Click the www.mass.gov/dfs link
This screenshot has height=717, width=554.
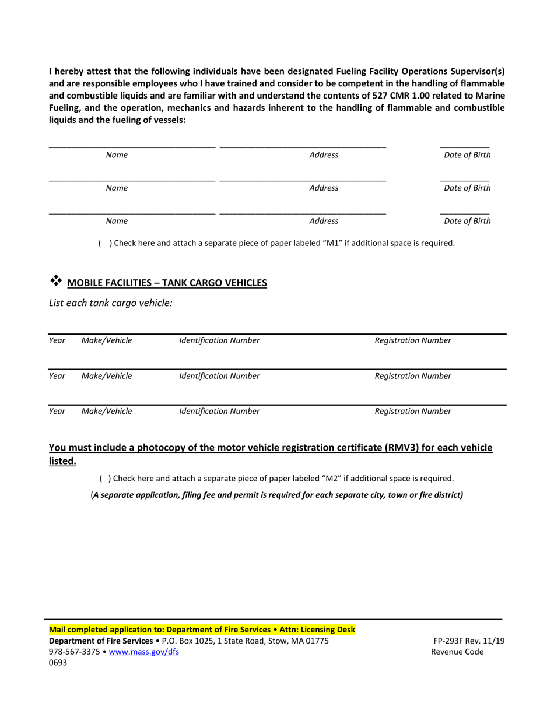pos(143,652)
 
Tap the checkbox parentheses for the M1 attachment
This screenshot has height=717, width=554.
pos(104,243)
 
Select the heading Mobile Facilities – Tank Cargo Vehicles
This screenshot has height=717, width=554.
pos(167,283)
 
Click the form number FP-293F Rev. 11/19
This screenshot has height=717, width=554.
pos(465,641)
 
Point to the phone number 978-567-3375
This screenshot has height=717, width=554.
pos(74,652)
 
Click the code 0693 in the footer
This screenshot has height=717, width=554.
pos(58,662)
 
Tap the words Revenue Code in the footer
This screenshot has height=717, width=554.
pos(457,652)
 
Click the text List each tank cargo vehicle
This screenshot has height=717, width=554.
pos(110,303)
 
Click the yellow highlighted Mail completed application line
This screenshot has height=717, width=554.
pos(201,630)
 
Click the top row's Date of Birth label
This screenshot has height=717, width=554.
pos(467,155)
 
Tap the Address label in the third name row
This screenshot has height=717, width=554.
pos(324,221)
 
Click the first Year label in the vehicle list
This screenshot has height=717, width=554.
pos(57,340)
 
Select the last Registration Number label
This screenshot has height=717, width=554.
pos(412,411)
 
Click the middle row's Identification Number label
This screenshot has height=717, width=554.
pos(219,376)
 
